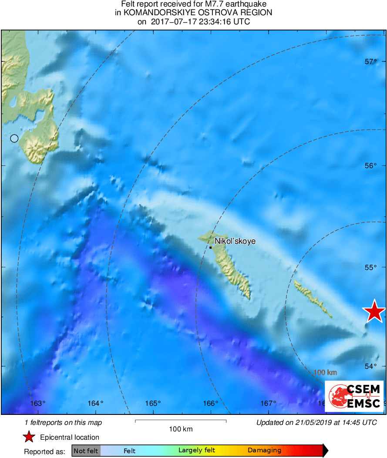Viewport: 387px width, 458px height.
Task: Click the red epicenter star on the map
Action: pyautogui.click(x=374, y=311)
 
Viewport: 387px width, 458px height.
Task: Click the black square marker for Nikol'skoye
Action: pyautogui.click(x=211, y=247)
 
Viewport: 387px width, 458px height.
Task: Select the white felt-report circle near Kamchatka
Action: pyautogui.click(x=14, y=138)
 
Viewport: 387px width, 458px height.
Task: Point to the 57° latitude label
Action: pyautogui.click(x=371, y=62)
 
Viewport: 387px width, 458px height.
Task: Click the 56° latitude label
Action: pyautogui.click(x=371, y=165)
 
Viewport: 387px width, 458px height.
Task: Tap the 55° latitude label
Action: pyautogui.click(x=371, y=267)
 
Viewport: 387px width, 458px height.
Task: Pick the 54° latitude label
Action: pyautogui.click(x=371, y=366)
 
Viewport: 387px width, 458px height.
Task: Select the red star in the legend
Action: pyautogui.click(x=29, y=437)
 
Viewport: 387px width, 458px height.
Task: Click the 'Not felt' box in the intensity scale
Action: pyautogui.click(x=86, y=451)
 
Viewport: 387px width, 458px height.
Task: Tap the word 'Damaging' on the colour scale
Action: pyautogui.click(x=264, y=451)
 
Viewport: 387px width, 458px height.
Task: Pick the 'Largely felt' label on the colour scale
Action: pyautogui.click(x=197, y=451)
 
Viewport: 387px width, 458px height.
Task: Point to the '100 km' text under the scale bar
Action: pyautogui.click(x=181, y=429)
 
